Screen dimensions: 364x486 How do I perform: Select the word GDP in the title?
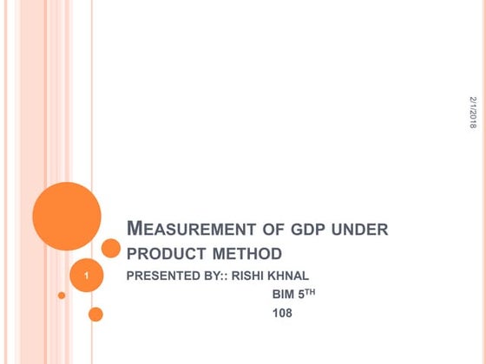[x=309, y=231]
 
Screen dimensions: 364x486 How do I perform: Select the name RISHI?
[x=251, y=276]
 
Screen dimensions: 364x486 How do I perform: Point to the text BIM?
[x=284, y=295]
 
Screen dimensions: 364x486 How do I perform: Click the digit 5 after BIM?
[x=303, y=295]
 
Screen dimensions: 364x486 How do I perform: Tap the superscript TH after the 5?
[x=312, y=292]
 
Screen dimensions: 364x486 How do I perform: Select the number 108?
[x=282, y=313]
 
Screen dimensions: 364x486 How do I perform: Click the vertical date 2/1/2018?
[x=473, y=113]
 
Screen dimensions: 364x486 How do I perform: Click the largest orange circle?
[x=67, y=217]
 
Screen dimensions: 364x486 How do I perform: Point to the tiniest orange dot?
[x=62, y=296]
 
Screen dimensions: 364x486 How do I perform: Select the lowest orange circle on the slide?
[x=95, y=314]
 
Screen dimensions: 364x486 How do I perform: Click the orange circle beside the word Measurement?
[x=110, y=249]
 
